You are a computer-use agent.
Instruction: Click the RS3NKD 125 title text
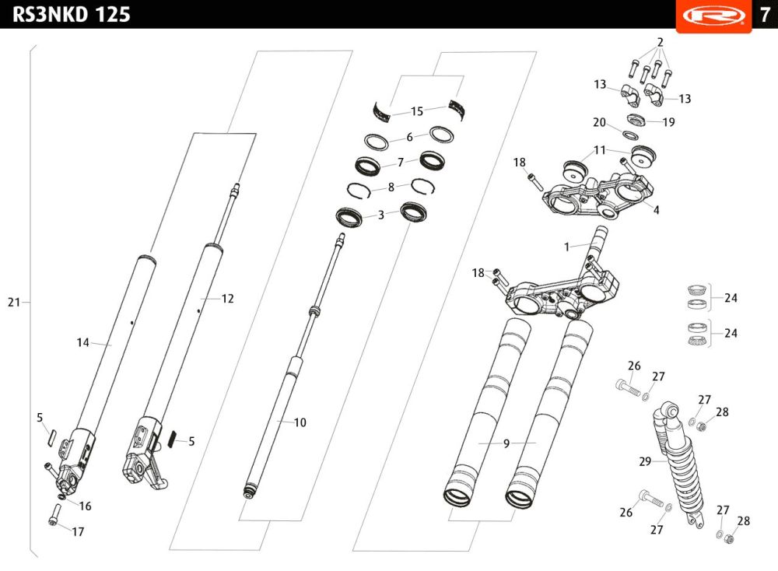(71, 14)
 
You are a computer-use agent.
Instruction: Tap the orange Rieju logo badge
(713, 16)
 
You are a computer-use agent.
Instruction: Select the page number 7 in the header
(765, 14)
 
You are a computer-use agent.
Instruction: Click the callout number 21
(14, 302)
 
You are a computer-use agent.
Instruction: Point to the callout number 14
(83, 342)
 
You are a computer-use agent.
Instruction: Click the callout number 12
(227, 298)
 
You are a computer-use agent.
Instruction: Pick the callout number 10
(300, 422)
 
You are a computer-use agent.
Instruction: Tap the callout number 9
(506, 443)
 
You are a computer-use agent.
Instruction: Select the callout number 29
(645, 461)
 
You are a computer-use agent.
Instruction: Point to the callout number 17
(78, 532)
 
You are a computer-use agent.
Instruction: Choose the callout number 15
(417, 111)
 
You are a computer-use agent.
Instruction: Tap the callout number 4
(656, 210)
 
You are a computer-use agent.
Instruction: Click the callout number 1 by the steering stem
(566, 247)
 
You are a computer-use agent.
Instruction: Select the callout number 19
(668, 122)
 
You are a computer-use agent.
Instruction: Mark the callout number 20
(599, 122)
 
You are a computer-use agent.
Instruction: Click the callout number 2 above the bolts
(660, 42)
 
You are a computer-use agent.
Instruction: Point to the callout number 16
(85, 506)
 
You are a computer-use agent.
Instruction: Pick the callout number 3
(380, 215)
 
